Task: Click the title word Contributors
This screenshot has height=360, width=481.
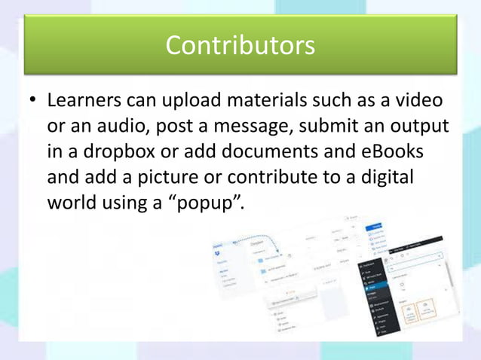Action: (240, 46)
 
